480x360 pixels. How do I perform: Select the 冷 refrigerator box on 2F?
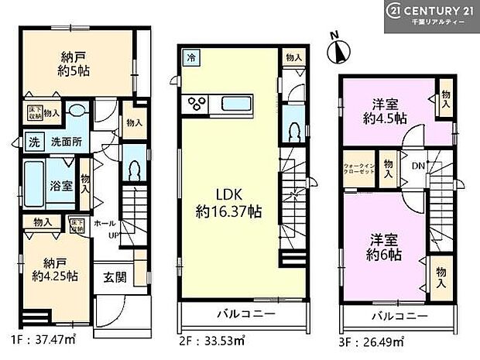[x=190, y=57]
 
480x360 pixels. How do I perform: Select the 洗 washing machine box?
[x=33, y=142]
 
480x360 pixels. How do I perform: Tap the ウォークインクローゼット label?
[x=359, y=169]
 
